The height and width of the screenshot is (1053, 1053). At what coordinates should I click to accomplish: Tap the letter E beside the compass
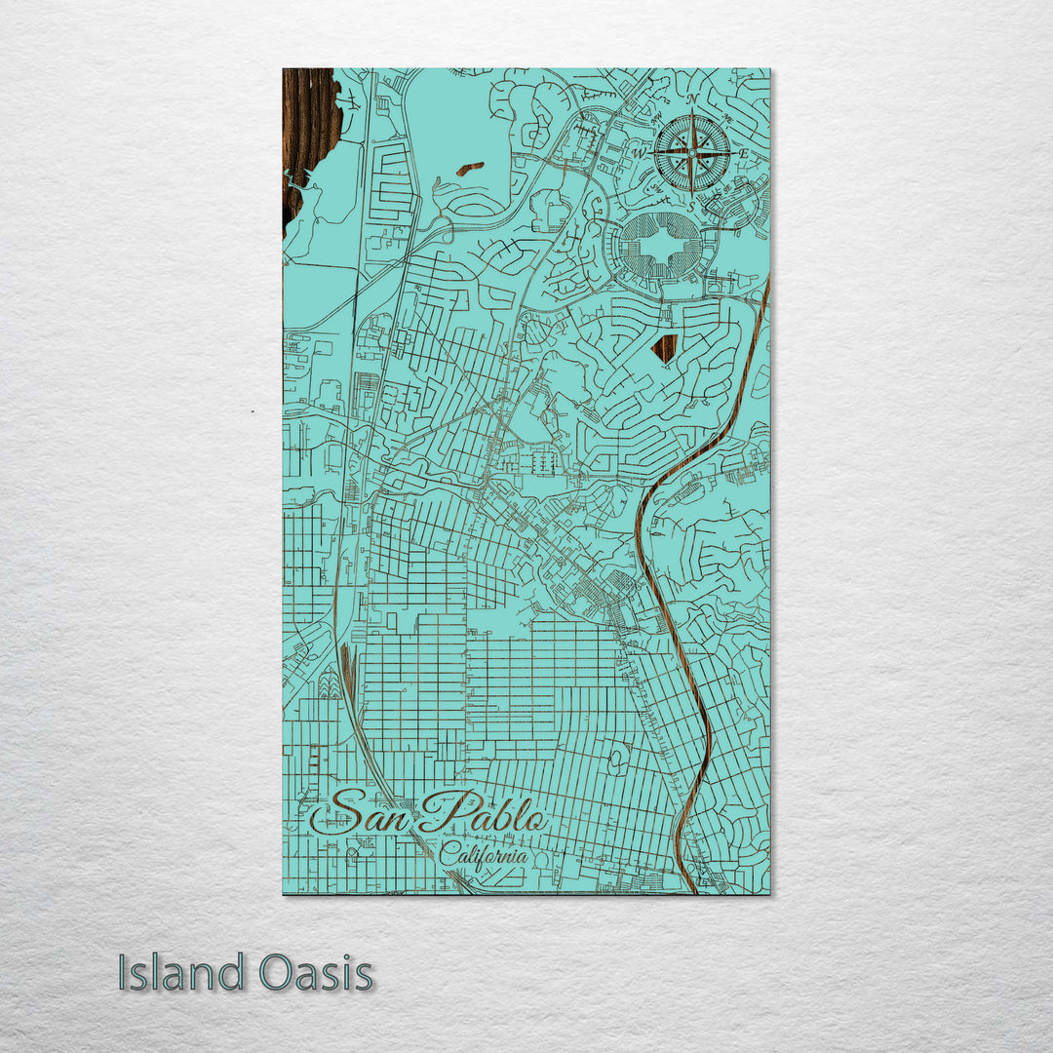tap(743, 154)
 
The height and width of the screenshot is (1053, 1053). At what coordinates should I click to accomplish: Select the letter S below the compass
tap(691, 206)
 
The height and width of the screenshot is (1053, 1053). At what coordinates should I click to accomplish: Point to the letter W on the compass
tap(640, 154)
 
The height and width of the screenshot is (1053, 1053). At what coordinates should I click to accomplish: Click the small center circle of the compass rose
tap(691, 153)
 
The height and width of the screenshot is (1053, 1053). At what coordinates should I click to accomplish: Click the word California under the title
tap(484, 856)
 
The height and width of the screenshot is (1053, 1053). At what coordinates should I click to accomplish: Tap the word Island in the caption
tap(181, 972)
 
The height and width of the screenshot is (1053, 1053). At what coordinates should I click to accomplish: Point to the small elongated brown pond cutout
tap(469, 169)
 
